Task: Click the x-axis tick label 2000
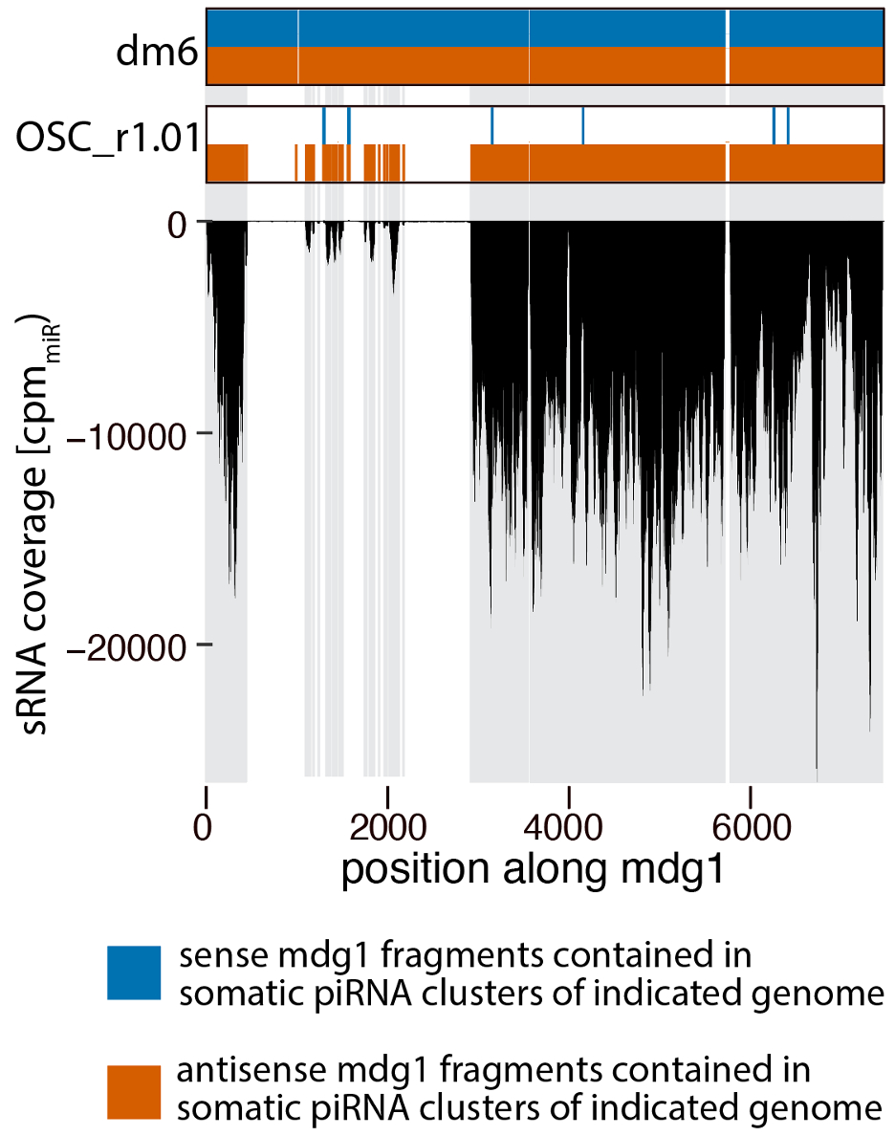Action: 387,824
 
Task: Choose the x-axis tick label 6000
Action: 750,824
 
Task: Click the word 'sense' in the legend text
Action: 214,956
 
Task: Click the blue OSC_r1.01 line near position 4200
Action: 582,124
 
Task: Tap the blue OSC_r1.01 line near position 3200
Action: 491,124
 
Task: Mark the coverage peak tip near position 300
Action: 234,595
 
